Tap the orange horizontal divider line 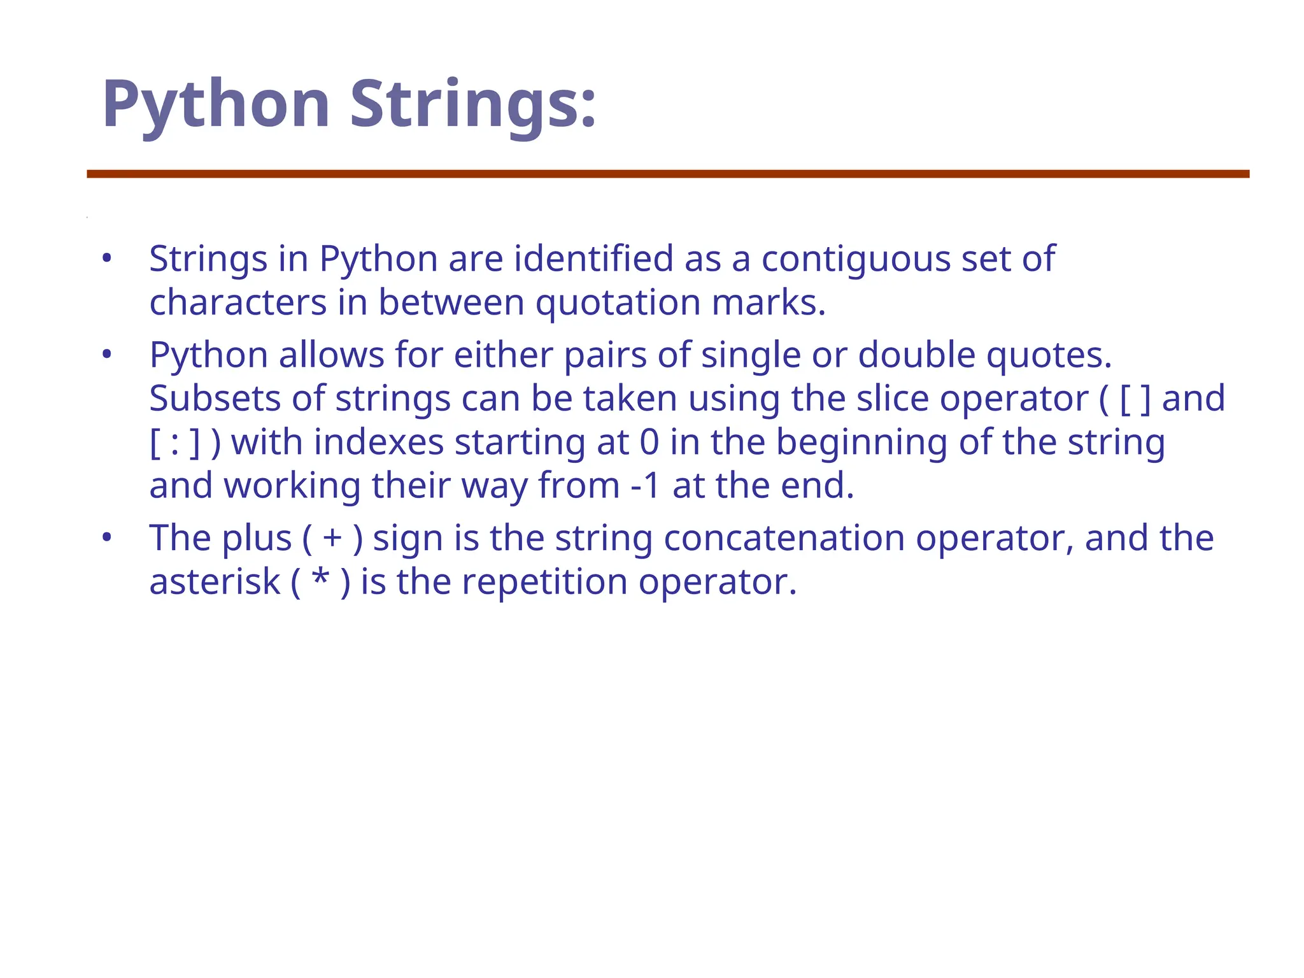point(667,174)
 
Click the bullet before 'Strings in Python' point(107,259)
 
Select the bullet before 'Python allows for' point(107,355)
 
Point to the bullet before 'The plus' point(107,538)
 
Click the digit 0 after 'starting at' point(649,442)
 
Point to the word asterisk point(215,582)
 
